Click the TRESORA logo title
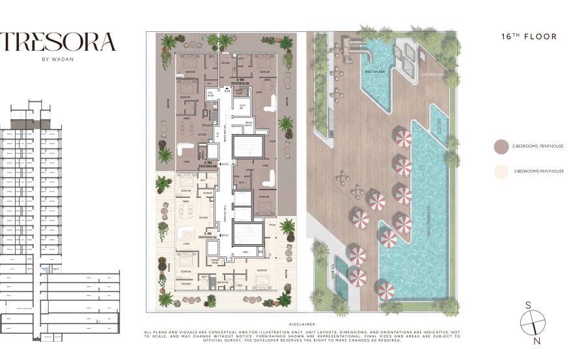pyautogui.click(x=59, y=42)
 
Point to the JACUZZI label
pyautogui.click(x=440, y=126)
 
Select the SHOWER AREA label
pyautogui.click(x=434, y=74)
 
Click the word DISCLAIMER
pyautogui.click(x=301, y=324)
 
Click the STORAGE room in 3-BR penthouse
pyautogui.click(x=208, y=193)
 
